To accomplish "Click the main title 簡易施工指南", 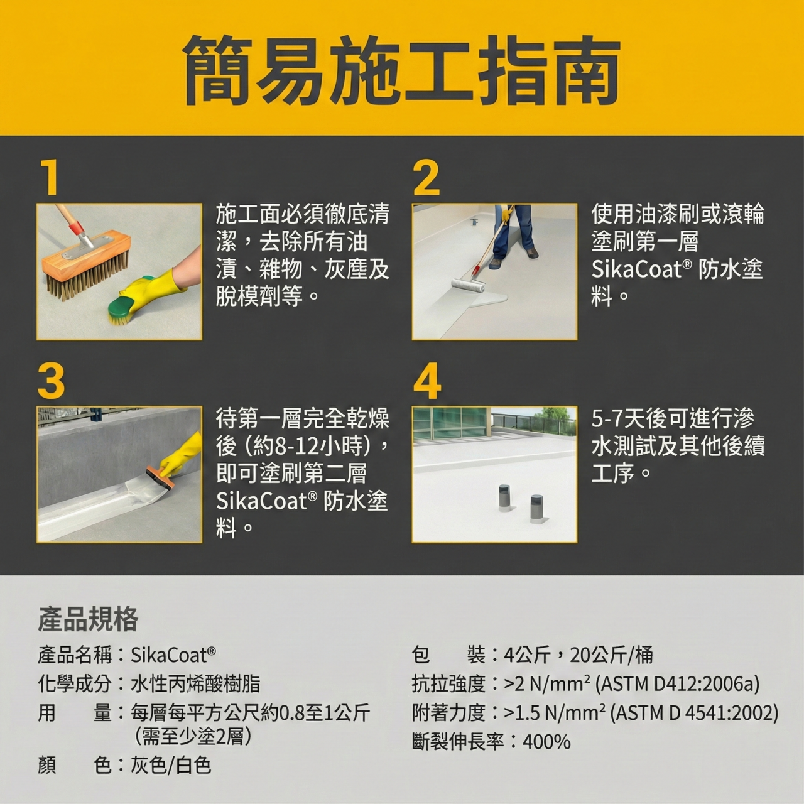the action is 401,70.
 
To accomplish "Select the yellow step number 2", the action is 426,178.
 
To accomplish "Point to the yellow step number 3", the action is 51,381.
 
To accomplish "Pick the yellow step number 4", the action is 427,381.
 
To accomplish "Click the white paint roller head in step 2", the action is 469,285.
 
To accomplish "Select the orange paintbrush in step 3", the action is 161,480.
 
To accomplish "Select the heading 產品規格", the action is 88,619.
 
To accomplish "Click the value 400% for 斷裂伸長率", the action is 546,742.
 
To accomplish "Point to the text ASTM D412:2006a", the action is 676,684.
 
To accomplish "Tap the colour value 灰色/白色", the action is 171,765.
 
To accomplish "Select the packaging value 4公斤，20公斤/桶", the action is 579,655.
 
